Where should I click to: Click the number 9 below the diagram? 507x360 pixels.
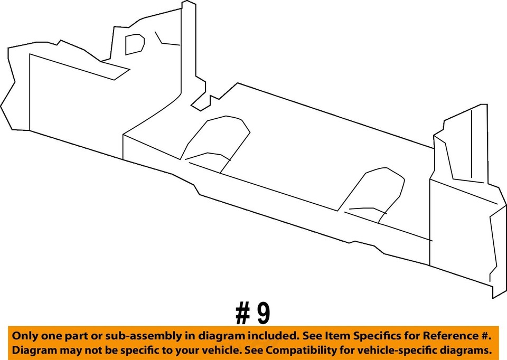[x=263, y=314]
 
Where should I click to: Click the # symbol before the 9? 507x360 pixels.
[x=242, y=314]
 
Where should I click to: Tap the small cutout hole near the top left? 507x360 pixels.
[x=135, y=44]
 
